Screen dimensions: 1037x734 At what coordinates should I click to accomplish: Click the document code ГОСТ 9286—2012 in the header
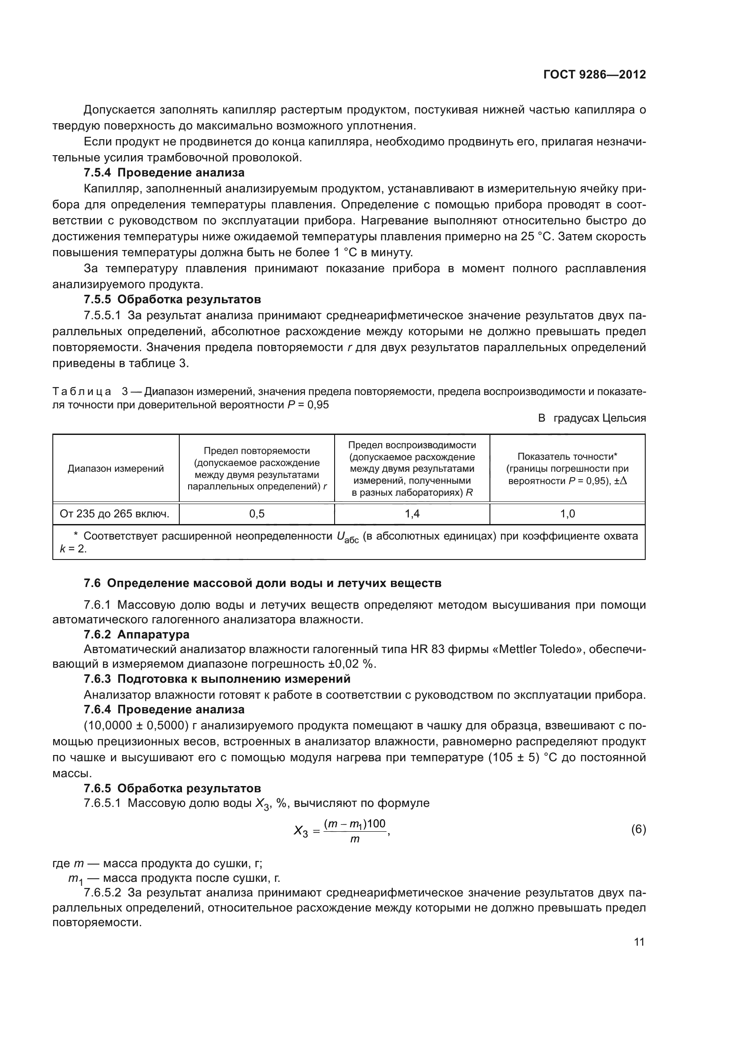coord(594,74)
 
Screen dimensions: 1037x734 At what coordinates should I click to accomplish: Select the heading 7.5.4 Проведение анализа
coord(164,172)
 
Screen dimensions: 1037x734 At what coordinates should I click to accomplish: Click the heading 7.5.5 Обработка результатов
coord(172,299)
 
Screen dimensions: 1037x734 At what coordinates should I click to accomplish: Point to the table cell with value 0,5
coord(257,513)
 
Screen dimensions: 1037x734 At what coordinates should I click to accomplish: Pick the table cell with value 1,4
coord(412,513)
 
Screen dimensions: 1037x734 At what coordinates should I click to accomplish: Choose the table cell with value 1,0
coord(567,513)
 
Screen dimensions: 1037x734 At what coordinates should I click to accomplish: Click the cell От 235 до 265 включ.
coord(115,513)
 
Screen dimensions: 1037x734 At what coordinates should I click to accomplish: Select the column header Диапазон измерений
coord(116,468)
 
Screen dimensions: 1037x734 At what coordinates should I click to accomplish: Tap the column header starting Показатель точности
coord(567,468)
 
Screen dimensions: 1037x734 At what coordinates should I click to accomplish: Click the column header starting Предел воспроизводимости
coord(412,468)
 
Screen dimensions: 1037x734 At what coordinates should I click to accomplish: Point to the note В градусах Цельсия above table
coord(592,418)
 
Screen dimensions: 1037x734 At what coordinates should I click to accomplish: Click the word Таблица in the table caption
coord(82,391)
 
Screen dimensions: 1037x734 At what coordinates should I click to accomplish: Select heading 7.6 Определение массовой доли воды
coord(263,583)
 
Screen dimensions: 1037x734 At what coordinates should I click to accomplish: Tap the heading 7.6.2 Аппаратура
coord(137,634)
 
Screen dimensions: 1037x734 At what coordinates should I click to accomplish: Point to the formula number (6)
coord(638,830)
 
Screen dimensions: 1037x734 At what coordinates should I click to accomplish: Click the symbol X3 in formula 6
coord(300,831)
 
